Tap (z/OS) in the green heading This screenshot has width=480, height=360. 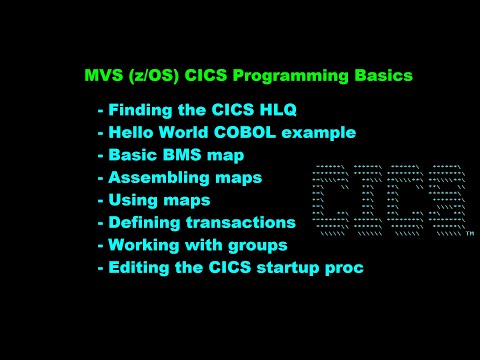click(151, 76)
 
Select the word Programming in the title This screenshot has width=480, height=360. click(287, 76)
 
